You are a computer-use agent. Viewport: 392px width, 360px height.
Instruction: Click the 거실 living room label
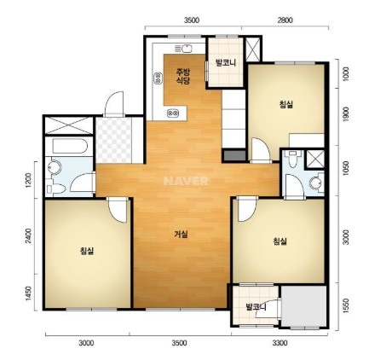[x=182, y=235]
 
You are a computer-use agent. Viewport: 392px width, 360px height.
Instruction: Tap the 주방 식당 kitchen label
[x=183, y=76]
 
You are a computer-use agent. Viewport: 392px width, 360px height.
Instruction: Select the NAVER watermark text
[x=186, y=181]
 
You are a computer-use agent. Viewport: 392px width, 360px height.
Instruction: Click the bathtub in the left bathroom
[x=70, y=146]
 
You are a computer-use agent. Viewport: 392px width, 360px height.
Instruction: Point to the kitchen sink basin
[x=187, y=49]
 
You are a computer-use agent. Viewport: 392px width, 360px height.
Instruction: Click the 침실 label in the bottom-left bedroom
[x=87, y=251]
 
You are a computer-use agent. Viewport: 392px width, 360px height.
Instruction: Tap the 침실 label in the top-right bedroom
[x=285, y=104]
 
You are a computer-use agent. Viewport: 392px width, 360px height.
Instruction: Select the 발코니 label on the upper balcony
[x=226, y=62]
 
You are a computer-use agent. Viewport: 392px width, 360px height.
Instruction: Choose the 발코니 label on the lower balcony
[x=256, y=307]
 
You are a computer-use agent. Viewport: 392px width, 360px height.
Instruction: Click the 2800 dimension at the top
[x=285, y=20]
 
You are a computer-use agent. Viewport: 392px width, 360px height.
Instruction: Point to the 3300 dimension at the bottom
[x=280, y=343]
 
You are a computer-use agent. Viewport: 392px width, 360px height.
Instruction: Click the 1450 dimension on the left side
[x=28, y=293]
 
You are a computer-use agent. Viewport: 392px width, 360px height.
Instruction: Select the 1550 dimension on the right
[x=346, y=306]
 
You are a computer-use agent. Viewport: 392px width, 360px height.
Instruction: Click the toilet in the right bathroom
[x=292, y=159]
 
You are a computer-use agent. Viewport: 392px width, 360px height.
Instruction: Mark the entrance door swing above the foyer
[x=114, y=104]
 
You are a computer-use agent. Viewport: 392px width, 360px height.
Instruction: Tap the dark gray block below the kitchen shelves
[x=234, y=155]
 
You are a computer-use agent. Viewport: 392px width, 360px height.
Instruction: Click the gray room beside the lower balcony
[x=303, y=306]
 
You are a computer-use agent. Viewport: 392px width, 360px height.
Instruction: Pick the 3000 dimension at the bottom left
[x=86, y=343]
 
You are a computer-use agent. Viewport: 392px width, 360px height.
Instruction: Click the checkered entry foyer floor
[x=113, y=140]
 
